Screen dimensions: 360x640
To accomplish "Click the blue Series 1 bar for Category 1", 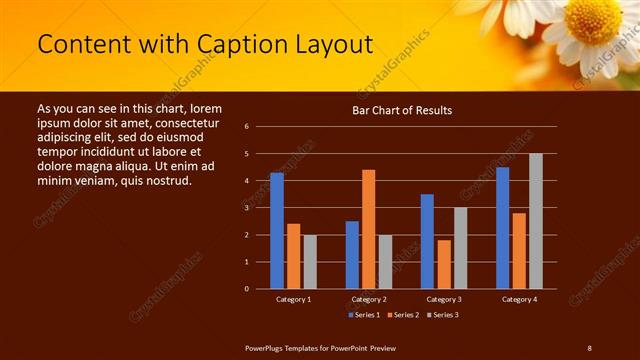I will coord(277,231).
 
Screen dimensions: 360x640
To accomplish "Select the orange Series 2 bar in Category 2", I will coord(368,229).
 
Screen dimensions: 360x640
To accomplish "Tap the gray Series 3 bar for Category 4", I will coord(535,221).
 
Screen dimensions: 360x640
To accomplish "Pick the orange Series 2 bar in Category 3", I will coord(443,264).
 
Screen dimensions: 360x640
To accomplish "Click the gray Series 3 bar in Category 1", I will coord(310,262).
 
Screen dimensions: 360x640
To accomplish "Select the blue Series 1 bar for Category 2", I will coord(352,255).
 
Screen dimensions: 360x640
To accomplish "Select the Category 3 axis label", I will coord(443,299).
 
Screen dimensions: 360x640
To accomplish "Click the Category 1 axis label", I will coord(293,299).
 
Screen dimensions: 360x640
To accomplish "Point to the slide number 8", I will coord(589,347).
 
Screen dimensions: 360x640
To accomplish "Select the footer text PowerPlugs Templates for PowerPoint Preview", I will coord(321,347).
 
